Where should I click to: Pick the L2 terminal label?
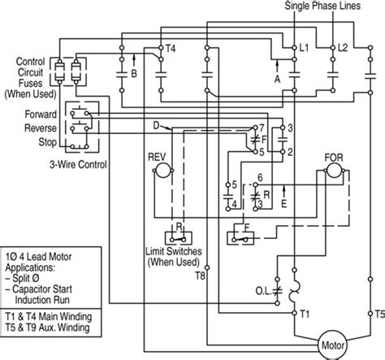tap(344, 50)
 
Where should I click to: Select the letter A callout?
tap(279, 79)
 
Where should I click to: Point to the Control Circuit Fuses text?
tap(30, 76)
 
